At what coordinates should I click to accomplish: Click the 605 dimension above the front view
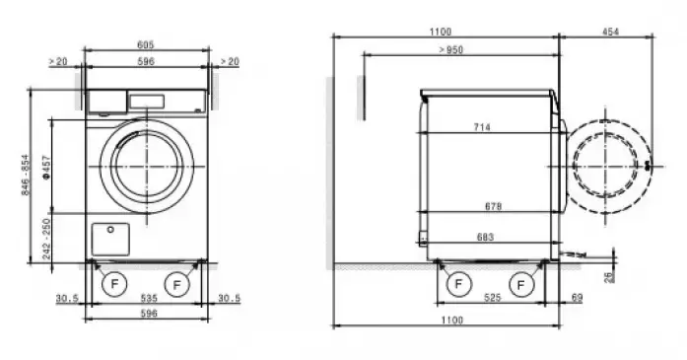(146, 44)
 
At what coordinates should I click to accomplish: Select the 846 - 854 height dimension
(27, 175)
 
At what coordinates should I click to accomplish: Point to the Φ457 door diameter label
(46, 167)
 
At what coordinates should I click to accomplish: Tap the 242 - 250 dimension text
(46, 239)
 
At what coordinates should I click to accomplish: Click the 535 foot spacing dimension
(149, 298)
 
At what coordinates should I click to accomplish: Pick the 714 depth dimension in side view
(482, 127)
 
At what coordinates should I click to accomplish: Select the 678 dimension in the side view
(494, 206)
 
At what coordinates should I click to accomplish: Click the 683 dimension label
(485, 238)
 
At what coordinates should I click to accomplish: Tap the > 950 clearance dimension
(450, 50)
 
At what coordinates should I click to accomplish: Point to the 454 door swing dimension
(610, 32)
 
